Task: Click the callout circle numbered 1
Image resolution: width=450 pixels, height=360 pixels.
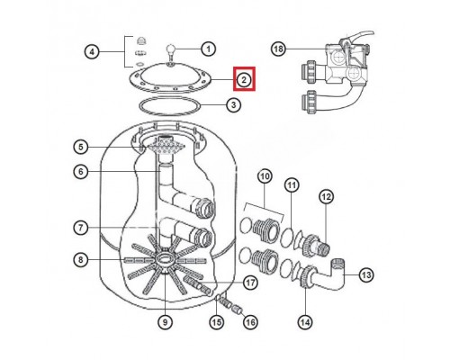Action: pos(209,49)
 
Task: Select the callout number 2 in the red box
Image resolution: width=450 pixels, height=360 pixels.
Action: pos(244,80)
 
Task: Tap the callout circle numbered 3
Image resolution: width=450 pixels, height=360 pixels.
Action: pos(233,105)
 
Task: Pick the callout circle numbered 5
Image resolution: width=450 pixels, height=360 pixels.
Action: pos(80,148)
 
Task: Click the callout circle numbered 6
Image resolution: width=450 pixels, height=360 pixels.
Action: pos(80,173)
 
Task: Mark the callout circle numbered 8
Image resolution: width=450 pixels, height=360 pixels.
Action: pos(80,260)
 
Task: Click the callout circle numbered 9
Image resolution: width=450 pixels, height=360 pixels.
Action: pos(165,320)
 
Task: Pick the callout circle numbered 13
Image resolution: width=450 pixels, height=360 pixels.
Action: pos(364,275)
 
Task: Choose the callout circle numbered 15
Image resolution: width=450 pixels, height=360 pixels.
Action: pos(216,320)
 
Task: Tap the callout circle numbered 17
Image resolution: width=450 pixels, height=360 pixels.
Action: pos(251,283)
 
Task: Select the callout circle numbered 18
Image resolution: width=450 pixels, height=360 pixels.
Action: pos(279,49)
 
